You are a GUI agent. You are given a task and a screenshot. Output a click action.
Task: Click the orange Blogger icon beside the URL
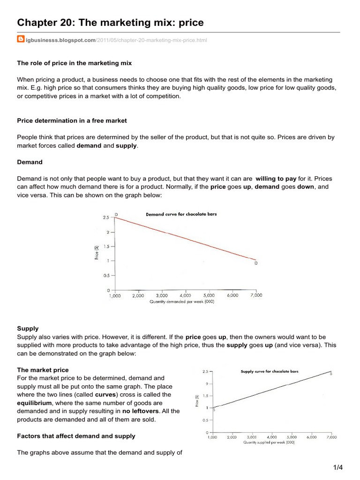pyautogui.click(x=21, y=39)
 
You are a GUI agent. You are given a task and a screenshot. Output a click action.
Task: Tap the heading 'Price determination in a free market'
pyautogui.click(x=72, y=120)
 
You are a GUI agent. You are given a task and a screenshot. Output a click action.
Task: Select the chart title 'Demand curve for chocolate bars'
pyautogui.click(x=181, y=214)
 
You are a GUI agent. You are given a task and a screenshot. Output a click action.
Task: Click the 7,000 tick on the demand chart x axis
pyautogui.click(x=256, y=296)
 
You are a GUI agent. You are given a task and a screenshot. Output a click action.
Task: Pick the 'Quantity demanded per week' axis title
pyautogui.click(x=182, y=302)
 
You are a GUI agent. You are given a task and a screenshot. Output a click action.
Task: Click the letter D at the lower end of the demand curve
pyautogui.click(x=256, y=263)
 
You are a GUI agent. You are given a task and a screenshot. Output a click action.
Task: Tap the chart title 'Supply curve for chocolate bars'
pyautogui.click(x=269, y=371)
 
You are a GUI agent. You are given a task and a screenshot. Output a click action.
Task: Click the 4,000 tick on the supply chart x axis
pyautogui.click(x=272, y=437)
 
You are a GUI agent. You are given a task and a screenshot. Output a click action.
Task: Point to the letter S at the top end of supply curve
pyautogui.click(x=331, y=374)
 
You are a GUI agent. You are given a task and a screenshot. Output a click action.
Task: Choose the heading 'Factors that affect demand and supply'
pyautogui.click(x=76, y=436)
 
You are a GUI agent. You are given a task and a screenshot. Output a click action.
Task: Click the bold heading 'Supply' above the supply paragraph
pyautogui.click(x=28, y=329)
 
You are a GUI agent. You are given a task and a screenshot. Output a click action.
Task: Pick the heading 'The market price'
pyautogui.click(x=43, y=370)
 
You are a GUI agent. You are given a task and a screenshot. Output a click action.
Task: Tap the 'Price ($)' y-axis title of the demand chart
pyautogui.click(x=97, y=253)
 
